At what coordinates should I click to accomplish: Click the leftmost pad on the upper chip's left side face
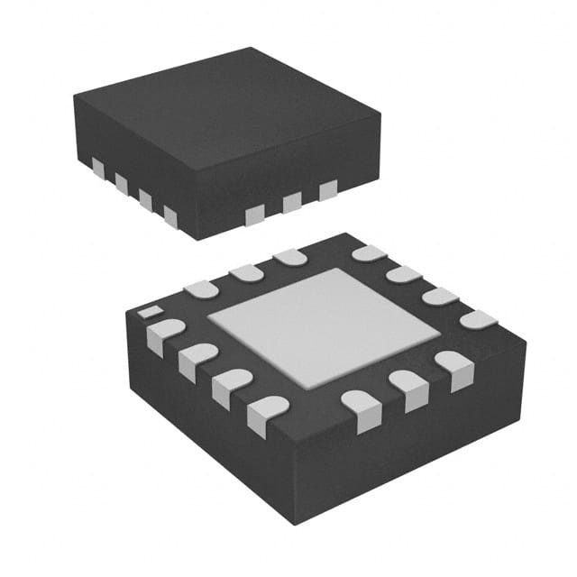click(97, 169)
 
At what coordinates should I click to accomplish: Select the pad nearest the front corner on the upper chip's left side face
click(169, 215)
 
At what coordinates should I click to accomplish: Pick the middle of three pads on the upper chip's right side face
click(291, 202)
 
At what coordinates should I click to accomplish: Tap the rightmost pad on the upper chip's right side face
click(328, 189)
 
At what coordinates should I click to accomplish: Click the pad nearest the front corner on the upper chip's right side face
click(255, 215)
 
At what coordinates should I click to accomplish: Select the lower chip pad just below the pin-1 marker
click(163, 334)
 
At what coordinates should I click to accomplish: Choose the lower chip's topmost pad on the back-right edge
click(369, 253)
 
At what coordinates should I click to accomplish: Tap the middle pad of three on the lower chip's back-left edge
click(245, 272)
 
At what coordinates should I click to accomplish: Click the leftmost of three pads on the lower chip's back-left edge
click(200, 288)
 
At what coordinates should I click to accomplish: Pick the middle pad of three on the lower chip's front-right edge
click(407, 386)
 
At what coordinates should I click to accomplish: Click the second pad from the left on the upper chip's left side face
click(121, 184)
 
